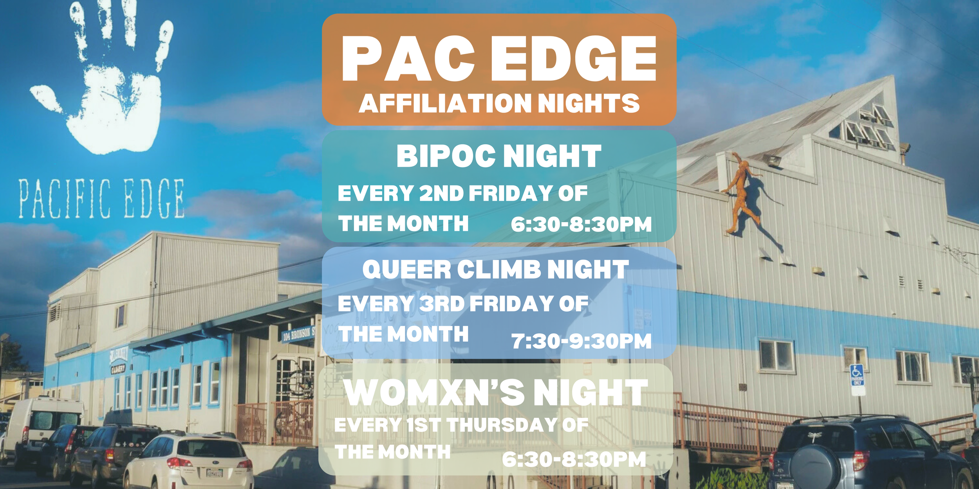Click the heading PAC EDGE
499,59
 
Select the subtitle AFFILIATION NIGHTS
499,104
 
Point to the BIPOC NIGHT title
499,156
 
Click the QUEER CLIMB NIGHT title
495,270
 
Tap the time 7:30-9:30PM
581,341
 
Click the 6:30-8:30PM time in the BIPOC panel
581,225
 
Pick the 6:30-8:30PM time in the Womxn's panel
574,459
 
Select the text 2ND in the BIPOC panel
441,193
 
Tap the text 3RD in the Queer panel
442,304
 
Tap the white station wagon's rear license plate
214,473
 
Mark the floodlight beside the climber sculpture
774,160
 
